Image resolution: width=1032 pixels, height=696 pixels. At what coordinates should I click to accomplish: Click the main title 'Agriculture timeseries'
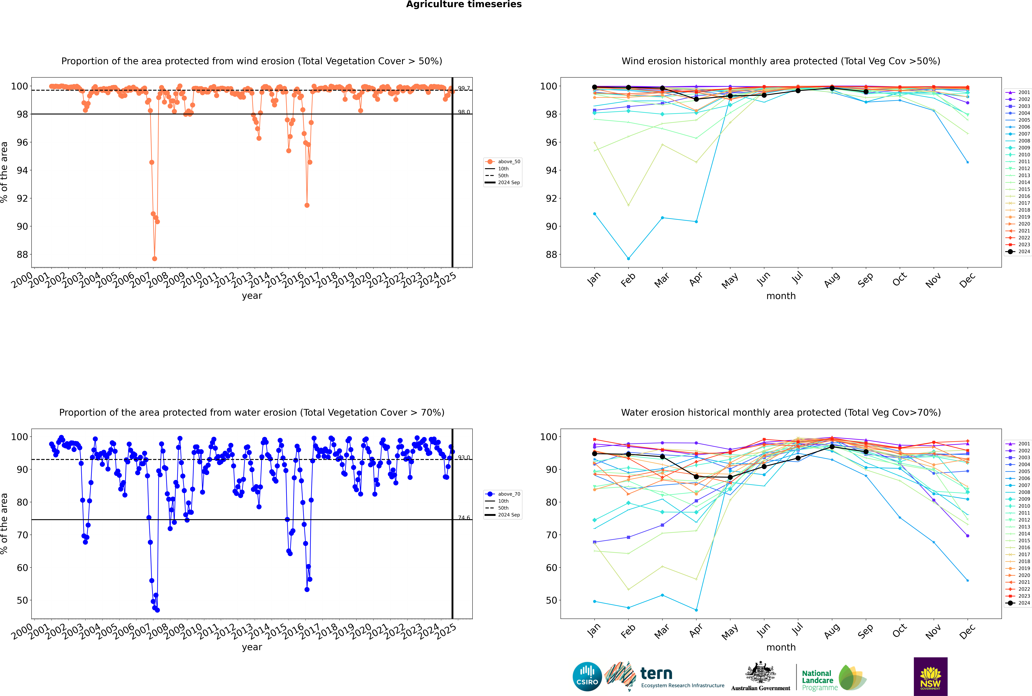coord(464,4)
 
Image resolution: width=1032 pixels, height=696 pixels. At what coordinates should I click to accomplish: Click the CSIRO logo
coord(587,677)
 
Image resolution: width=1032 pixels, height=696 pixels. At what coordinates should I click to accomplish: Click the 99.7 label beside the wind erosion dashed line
coord(464,88)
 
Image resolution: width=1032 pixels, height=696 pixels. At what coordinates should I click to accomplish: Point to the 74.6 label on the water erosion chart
coord(464,518)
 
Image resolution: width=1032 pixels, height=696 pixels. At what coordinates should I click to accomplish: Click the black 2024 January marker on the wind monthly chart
coord(595,87)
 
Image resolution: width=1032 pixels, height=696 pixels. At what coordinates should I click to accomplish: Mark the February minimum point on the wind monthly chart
coord(628,258)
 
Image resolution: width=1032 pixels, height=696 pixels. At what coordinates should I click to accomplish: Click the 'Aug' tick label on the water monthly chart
coord(832,630)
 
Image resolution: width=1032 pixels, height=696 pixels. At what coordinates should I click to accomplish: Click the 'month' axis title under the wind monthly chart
coord(781,296)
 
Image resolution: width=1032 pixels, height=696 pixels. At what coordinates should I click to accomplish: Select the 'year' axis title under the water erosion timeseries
coord(252,647)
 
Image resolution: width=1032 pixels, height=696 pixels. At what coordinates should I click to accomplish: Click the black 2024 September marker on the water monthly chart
coord(866,452)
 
